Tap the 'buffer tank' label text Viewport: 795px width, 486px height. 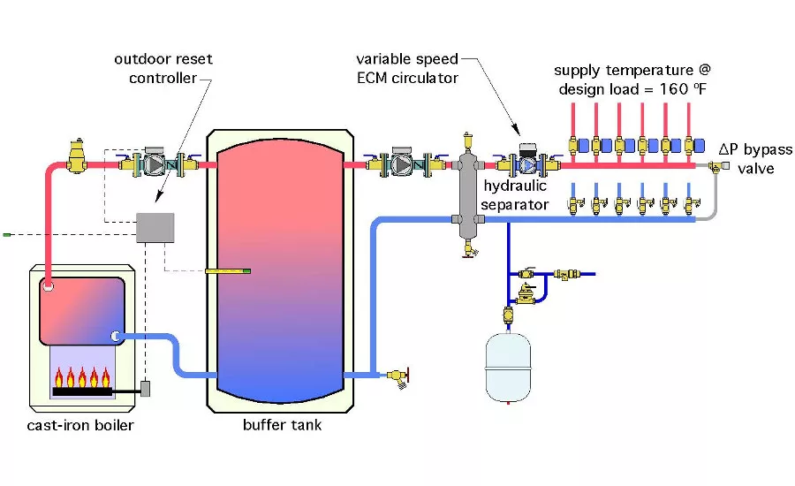[x=282, y=425]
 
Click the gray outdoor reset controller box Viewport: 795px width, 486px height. [x=153, y=228]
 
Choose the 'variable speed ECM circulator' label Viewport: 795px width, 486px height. [x=407, y=68]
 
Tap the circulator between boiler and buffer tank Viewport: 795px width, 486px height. [x=156, y=164]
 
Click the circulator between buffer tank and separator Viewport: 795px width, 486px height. [x=403, y=164]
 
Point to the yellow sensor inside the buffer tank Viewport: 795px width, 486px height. [x=228, y=271]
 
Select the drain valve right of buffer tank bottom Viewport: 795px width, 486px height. [x=399, y=376]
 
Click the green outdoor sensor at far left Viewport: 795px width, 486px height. [x=6, y=234]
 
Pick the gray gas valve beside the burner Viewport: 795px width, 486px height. [x=147, y=388]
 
